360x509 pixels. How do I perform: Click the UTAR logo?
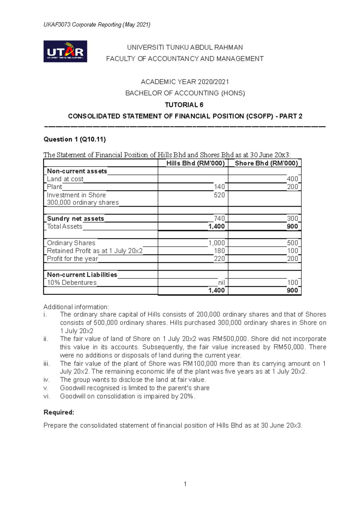(x=65, y=51)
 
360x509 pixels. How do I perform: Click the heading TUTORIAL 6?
(x=184, y=105)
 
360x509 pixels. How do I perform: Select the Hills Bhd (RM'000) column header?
(x=195, y=163)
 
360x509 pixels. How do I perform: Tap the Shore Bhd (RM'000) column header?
(x=266, y=163)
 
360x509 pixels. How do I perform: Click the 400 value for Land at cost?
(x=292, y=179)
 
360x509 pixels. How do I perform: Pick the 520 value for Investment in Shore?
(x=219, y=195)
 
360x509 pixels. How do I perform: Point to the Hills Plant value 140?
(x=219, y=187)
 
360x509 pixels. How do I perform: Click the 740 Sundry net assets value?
(x=219, y=219)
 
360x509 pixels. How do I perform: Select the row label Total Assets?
(x=64, y=227)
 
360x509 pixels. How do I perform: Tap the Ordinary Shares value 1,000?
(x=217, y=243)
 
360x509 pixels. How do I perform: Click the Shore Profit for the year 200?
(x=292, y=259)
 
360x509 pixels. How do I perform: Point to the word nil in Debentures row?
(x=221, y=283)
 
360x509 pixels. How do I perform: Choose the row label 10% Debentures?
(x=72, y=283)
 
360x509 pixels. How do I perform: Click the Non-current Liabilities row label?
(x=82, y=275)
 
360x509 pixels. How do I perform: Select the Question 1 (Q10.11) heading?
(x=74, y=139)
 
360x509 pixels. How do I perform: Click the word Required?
(x=59, y=412)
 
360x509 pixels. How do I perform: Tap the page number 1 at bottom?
(x=185, y=484)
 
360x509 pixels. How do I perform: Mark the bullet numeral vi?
(x=46, y=396)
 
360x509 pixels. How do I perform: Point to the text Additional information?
(x=76, y=307)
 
